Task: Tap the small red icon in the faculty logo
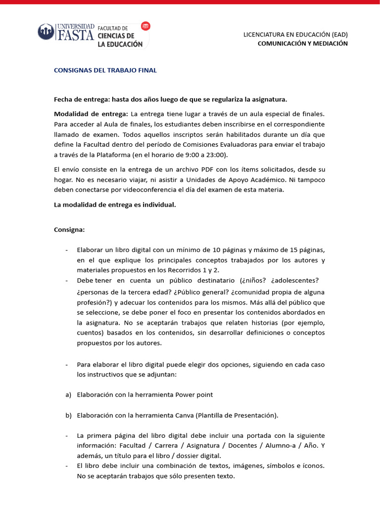click(x=145, y=26)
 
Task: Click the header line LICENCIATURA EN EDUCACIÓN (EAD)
click(x=295, y=35)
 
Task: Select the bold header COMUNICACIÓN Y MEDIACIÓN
click(x=302, y=43)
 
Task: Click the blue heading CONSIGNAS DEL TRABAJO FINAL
click(x=105, y=70)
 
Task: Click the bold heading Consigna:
click(x=69, y=230)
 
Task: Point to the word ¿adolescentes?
click(x=295, y=280)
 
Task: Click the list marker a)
click(x=68, y=395)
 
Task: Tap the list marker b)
click(x=68, y=415)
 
